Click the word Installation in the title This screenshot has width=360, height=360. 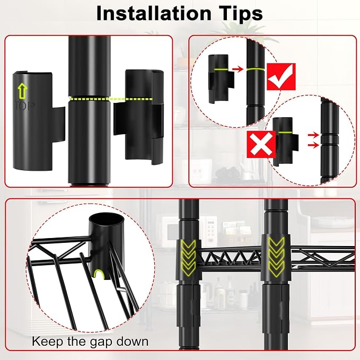(x=154, y=13)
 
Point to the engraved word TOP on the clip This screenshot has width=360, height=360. (x=25, y=106)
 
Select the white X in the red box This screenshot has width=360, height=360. (x=261, y=144)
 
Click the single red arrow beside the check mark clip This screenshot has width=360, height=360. (x=238, y=68)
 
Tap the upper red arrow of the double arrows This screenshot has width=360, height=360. (x=313, y=135)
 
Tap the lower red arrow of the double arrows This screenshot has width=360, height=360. (x=313, y=145)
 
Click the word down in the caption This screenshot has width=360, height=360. (x=132, y=341)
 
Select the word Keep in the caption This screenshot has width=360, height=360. (x=47, y=341)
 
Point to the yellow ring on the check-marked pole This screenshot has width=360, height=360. (x=256, y=69)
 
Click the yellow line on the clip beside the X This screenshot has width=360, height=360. (x=285, y=133)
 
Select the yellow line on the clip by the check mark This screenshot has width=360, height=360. (x=221, y=69)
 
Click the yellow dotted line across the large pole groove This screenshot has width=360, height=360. (x=110, y=99)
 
